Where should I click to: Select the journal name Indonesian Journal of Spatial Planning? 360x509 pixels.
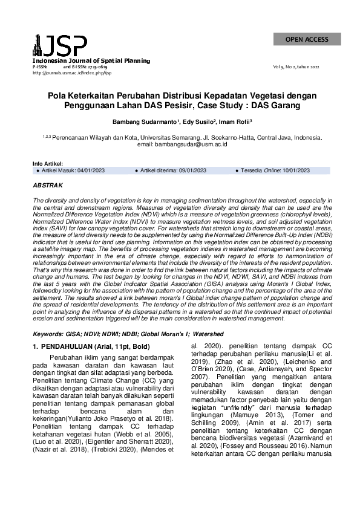click(x=91, y=61)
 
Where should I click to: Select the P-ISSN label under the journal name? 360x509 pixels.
click(x=39, y=67)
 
